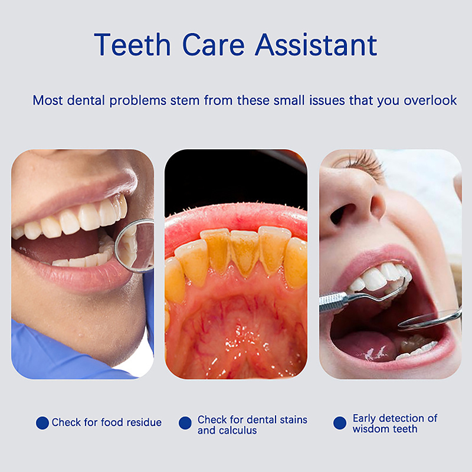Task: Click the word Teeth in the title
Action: click(132, 45)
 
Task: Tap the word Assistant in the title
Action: click(316, 45)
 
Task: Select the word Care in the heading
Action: click(213, 45)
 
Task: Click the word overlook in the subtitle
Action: click(430, 100)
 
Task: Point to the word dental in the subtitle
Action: click(86, 100)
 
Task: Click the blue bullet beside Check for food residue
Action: click(42, 422)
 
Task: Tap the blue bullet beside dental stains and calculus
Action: click(185, 422)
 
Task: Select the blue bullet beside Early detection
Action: click(340, 422)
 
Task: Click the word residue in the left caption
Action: click(144, 422)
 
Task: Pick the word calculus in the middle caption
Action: click(238, 431)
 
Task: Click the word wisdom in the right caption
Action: click(371, 429)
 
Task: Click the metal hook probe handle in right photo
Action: click(333, 302)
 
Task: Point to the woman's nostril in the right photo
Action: click(341, 213)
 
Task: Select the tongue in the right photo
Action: click(366, 346)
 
